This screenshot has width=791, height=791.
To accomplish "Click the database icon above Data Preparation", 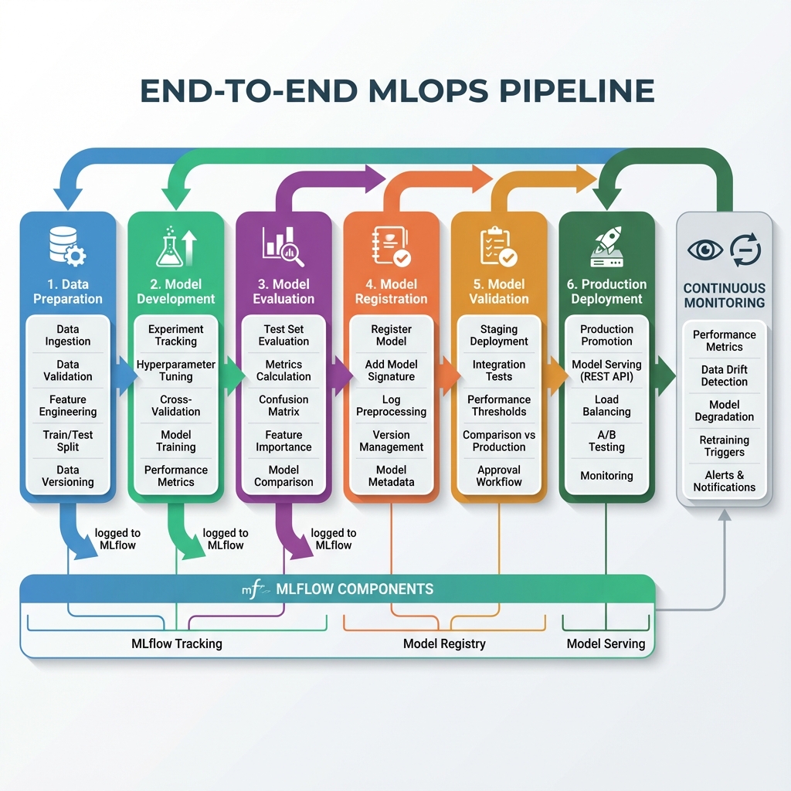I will (66, 245).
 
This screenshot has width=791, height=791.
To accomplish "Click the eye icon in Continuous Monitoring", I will (704, 250).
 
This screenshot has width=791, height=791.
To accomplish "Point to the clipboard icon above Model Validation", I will (497, 245).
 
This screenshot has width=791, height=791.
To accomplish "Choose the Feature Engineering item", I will (68, 406).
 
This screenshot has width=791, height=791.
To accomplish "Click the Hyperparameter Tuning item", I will (176, 370).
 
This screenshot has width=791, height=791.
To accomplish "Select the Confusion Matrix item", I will (283, 406).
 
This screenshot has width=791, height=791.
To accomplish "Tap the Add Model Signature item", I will (392, 370).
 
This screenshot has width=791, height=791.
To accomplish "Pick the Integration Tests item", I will (499, 370).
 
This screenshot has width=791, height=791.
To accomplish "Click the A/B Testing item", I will (606, 440).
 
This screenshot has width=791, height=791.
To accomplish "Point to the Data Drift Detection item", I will (725, 375).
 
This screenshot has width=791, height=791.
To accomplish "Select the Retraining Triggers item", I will (725, 446).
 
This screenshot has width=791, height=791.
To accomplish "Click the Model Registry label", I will (444, 643).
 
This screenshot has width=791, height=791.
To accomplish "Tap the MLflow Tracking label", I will (177, 643).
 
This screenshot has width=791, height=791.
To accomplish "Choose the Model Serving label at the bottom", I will (606, 643).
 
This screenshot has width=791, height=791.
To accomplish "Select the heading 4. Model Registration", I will (392, 291).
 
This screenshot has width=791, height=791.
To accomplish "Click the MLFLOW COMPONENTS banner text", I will (354, 589).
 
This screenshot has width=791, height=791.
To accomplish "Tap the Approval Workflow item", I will (499, 476).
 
